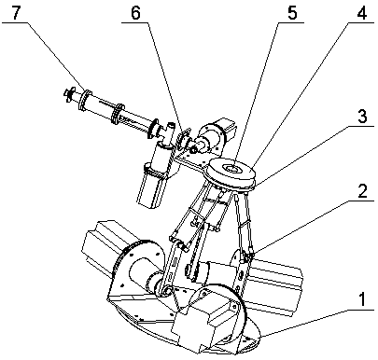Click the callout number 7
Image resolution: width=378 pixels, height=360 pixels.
click(x=17, y=13)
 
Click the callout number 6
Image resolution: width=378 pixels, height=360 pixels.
click(x=135, y=13)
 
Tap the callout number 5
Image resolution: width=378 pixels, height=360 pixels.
click(x=292, y=13)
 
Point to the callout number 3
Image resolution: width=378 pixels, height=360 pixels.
click(x=362, y=117)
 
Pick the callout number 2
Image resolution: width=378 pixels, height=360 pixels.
click(x=362, y=190)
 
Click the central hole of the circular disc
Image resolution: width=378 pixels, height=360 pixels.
click(x=232, y=169)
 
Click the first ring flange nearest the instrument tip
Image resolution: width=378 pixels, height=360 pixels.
click(x=85, y=100)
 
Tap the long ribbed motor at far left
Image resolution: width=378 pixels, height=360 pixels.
click(x=103, y=245)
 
